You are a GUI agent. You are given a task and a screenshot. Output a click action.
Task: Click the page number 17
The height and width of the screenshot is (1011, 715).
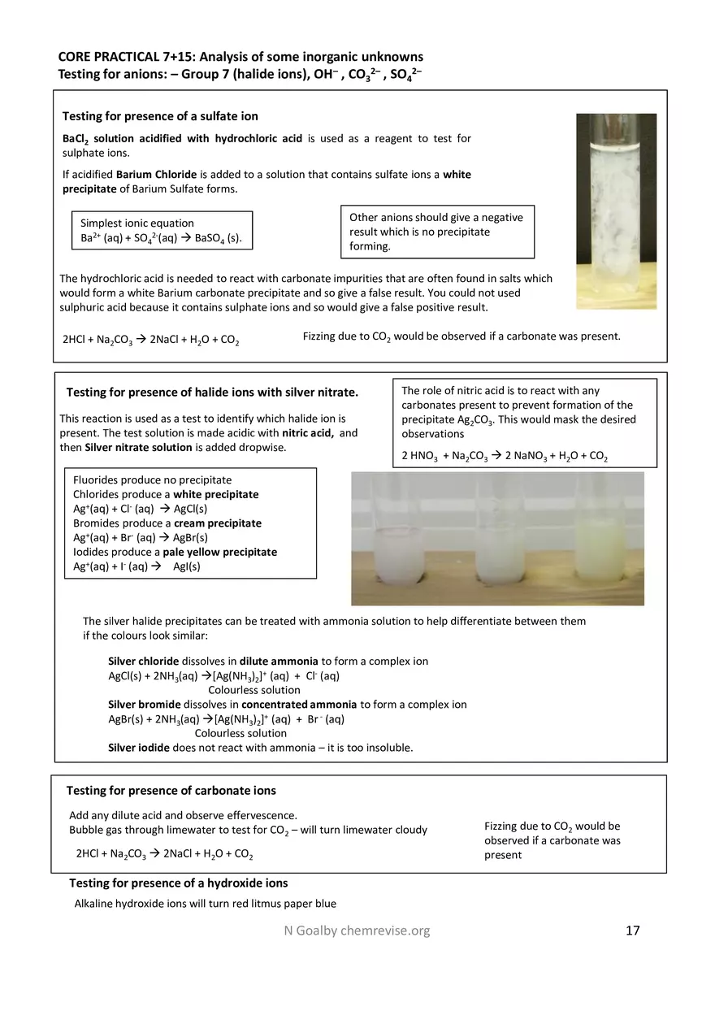(x=632, y=931)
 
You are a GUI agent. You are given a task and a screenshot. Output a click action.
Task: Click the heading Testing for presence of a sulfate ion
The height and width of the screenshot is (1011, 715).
(x=160, y=116)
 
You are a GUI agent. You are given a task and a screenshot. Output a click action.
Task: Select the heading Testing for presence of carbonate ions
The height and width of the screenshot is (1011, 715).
(x=171, y=790)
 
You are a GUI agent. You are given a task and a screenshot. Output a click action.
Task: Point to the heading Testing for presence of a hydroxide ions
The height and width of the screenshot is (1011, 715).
(x=178, y=883)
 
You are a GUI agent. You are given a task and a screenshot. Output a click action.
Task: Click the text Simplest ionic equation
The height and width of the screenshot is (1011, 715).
(x=136, y=223)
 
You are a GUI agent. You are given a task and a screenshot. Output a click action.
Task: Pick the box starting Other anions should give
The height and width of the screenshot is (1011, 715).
(x=436, y=232)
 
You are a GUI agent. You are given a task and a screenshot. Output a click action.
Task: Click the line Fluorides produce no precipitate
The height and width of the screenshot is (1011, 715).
(x=152, y=479)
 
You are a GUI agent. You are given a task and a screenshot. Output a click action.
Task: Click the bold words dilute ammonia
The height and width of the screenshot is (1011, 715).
(x=279, y=661)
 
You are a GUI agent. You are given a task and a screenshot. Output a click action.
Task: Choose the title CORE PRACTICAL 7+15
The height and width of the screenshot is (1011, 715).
(x=240, y=57)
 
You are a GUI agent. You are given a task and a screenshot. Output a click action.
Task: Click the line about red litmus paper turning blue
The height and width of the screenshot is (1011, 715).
(x=205, y=904)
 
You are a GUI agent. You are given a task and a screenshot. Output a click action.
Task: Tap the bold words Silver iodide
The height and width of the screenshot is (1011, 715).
(x=139, y=748)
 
